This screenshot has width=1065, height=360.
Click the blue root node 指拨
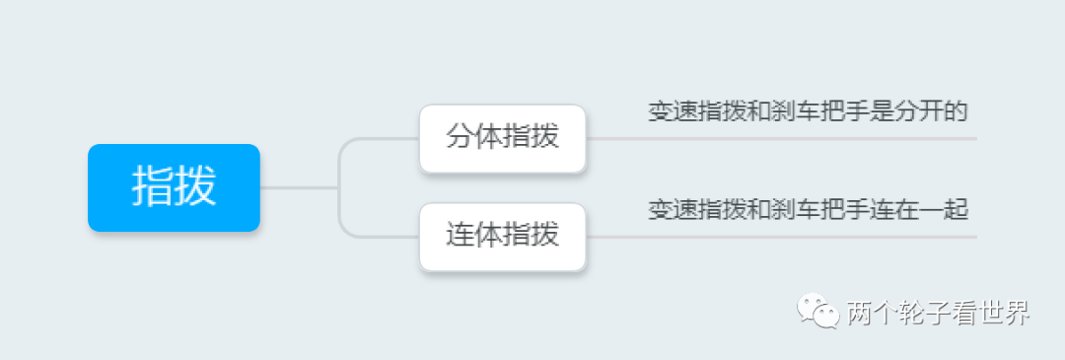(x=174, y=187)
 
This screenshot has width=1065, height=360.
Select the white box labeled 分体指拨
(x=503, y=138)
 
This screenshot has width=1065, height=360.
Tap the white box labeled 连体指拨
(x=503, y=236)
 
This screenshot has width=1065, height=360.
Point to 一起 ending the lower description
(x=945, y=209)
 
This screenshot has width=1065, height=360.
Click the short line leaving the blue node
(x=296, y=187)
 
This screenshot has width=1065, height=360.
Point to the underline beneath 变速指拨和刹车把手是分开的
(x=789, y=139)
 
